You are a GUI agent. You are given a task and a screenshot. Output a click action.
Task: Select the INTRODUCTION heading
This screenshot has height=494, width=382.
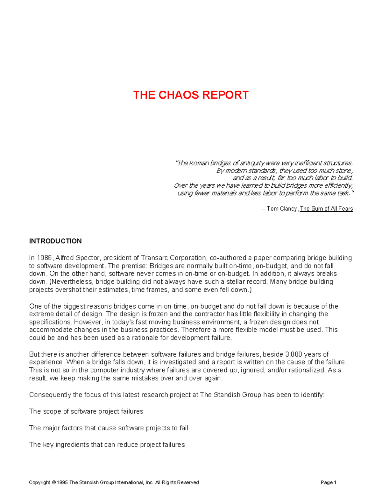click(x=55, y=241)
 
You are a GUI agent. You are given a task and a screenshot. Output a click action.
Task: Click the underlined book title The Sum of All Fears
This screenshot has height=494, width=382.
click(x=326, y=209)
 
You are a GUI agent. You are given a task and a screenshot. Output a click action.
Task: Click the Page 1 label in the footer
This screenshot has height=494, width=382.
click(x=329, y=483)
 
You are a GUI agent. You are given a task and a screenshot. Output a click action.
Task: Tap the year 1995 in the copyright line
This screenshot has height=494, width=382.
click(x=62, y=483)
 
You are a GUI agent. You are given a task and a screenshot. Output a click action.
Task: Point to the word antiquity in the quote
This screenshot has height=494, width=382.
click(x=252, y=163)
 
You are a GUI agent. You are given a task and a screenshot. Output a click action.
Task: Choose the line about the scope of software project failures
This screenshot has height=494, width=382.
click(x=86, y=411)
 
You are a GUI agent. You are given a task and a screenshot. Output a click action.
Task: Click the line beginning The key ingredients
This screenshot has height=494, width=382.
click(x=107, y=444)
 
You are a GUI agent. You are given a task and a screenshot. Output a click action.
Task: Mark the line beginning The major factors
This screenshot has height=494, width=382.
click(x=109, y=428)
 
